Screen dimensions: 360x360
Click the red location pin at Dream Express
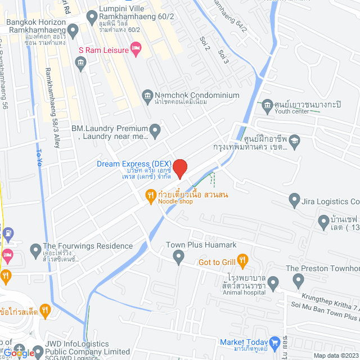(x=179, y=168)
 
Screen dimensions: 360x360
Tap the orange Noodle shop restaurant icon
(x=150, y=195)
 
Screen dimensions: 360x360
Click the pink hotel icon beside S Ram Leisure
(x=136, y=49)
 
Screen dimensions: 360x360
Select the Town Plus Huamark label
(x=201, y=245)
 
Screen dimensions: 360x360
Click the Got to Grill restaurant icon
(x=243, y=260)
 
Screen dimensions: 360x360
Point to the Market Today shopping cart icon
(x=274, y=341)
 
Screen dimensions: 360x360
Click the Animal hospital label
(x=244, y=292)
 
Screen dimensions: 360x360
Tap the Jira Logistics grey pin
(x=294, y=199)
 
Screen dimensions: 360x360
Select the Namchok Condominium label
(x=190, y=96)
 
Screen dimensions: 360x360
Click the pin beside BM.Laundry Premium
(x=156, y=131)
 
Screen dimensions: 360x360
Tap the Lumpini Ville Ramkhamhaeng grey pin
(x=92, y=18)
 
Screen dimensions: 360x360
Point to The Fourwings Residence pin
(x=35, y=247)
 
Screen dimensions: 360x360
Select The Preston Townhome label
(x=322, y=268)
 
